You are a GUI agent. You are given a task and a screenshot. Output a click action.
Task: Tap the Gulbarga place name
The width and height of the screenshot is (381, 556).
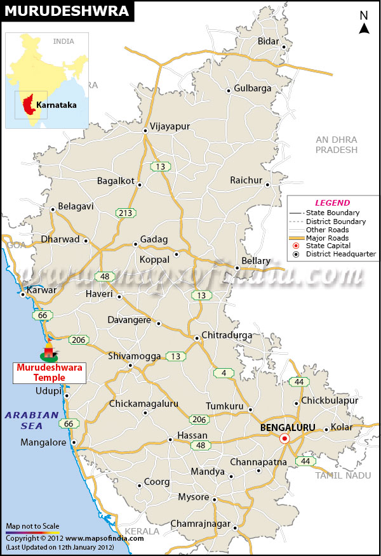pyautogui.click(x=252, y=88)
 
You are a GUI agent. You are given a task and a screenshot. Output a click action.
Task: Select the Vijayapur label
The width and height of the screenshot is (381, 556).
pyautogui.click(x=170, y=126)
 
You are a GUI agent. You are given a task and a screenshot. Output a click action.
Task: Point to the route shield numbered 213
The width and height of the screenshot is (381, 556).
pyautogui.click(x=125, y=213)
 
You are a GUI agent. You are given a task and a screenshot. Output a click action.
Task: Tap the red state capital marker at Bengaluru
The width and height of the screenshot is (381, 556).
pyautogui.click(x=285, y=439)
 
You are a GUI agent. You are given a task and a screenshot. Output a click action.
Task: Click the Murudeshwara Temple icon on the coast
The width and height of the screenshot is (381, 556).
pyautogui.click(x=49, y=350)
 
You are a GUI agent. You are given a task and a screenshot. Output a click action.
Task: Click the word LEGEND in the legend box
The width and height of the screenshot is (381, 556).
pyautogui.click(x=332, y=202)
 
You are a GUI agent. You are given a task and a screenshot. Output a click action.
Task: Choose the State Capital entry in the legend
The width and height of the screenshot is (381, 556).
pyautogui.click(x=329, y=246)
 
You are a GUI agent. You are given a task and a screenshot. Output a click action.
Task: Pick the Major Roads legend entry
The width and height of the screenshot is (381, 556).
pyautogui.click(x=327, y=237)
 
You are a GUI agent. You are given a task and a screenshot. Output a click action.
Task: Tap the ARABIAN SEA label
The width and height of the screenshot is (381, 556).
pyautogui.click(x=32, y=420)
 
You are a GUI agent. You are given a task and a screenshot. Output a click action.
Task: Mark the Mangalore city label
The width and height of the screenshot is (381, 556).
pyautogui.click(x=43, y=442)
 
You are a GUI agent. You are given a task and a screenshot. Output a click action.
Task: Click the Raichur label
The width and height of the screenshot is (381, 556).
pyautogui.click(x=246, y=180)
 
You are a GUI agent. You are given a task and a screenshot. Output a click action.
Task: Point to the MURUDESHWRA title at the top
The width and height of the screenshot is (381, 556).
pyautogui.click(x=66, y=11)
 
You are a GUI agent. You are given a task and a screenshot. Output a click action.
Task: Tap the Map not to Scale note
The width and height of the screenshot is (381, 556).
pyautogui.click(x=32, y=526)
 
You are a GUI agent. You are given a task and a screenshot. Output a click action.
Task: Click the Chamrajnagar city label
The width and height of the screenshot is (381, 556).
pyautogui.click(x=199, y=524)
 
